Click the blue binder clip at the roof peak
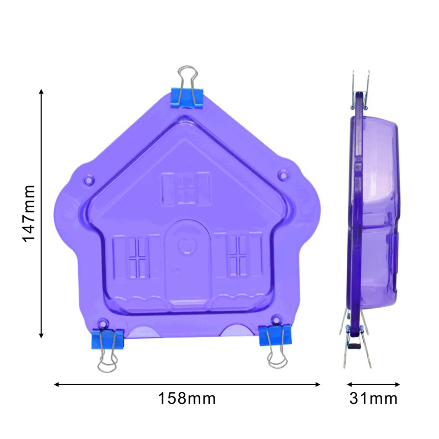[187, 98]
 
